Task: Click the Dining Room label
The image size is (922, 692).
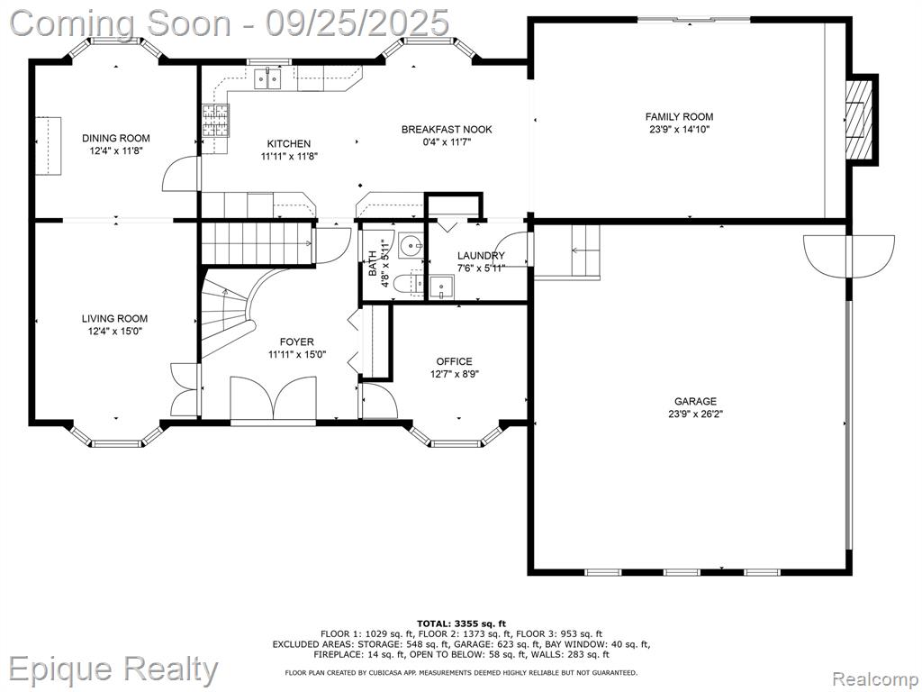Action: [116, 138]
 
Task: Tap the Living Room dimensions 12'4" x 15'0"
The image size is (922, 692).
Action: [114, 332]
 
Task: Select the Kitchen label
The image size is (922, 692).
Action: [289, 143]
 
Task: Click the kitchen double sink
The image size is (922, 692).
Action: [267, 78]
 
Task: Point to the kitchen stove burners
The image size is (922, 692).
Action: [216, 121]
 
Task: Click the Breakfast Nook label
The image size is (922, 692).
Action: [447, 130]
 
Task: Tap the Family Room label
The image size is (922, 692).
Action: [679, 116]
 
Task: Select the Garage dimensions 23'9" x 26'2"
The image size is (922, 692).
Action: [696, 414]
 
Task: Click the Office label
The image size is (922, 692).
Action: [454, 361]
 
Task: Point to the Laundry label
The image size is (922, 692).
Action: [481, 255]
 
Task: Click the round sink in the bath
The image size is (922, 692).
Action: [411, 245]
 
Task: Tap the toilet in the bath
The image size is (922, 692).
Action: [408, 284]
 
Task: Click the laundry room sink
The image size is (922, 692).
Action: [441, 287]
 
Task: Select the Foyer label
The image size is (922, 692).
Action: [296, 341]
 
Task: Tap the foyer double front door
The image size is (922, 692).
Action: [274, 399]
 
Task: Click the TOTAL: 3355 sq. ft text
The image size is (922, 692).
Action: [462, 624]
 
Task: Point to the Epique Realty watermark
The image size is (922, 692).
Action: [113, 669]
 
